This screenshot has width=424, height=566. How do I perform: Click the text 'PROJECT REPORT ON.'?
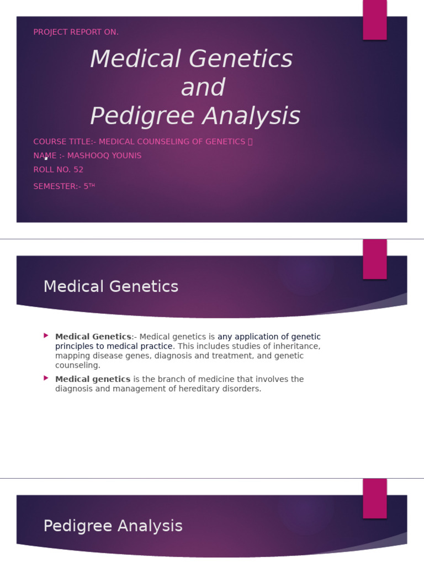76,32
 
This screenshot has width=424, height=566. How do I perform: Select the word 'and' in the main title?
203,87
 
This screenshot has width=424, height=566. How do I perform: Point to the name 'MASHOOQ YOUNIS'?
104,156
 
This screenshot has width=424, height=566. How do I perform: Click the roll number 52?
78,170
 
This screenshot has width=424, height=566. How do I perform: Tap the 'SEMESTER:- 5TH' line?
64,186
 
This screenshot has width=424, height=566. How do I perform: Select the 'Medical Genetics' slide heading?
111,286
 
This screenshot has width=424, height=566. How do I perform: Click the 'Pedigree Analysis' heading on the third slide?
113,526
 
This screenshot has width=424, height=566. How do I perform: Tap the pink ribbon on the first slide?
374,19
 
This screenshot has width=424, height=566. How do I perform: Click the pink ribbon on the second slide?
374,259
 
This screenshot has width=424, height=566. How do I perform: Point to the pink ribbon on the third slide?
374,498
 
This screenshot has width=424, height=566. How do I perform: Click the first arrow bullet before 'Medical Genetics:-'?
46,336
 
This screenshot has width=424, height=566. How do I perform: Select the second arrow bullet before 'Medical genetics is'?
46,378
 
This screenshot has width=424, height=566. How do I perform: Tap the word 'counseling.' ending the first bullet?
78,365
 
